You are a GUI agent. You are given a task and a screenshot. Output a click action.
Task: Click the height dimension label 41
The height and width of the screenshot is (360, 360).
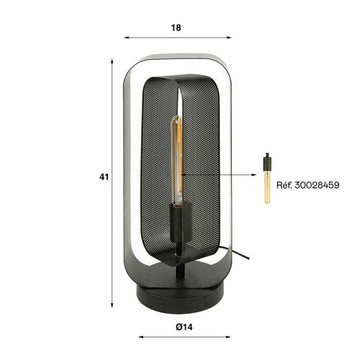coord(104,176)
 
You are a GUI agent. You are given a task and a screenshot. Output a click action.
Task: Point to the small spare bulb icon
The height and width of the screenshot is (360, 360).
coord(268,180)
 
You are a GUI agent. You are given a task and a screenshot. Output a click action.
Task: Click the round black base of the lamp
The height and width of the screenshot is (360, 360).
coord(177,295)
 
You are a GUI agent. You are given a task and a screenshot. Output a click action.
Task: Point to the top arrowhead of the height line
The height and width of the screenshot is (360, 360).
coord(114,61)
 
